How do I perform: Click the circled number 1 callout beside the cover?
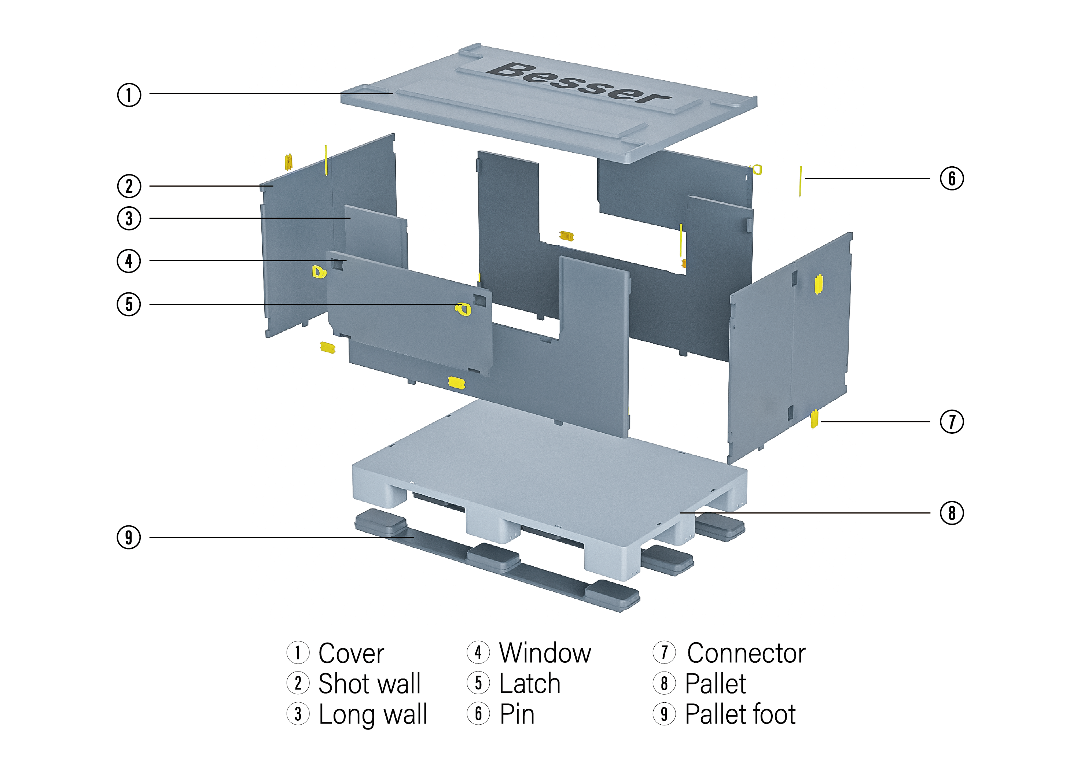pyautogui.click(x=129, y=95)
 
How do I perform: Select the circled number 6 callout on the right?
pyautogui.click(x=951, y=178)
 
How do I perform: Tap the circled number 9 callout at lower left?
pyautogui.click(x=128, y=537)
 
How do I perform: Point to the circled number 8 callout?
pyautogui.click(x=951, y=513)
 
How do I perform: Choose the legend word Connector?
pyautogui.click(x=746, y=654)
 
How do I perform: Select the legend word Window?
pyautogui.click(x=545, y=654)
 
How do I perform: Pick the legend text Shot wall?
pyautogui.click(x=369, y=684)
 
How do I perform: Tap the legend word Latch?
pyautogui.click(x=530, y=684)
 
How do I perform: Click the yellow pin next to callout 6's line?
pyautogui.click(x=800, y=181)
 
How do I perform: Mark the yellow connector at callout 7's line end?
pyautogui.click(x=814, y=419)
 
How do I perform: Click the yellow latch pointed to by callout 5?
pyautogui.click(x=463, y=309)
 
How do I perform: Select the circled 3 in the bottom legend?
pyautogui.click(x=298, y=714)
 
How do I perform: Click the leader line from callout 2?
pyautogui.click(x=209, y=186)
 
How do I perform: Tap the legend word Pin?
pyautogui.click(x=517, y=714)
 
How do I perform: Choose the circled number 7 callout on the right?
pyautogui.click(x=951, y=421)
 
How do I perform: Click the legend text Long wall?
pyautogui.click(x=373, y=714)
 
